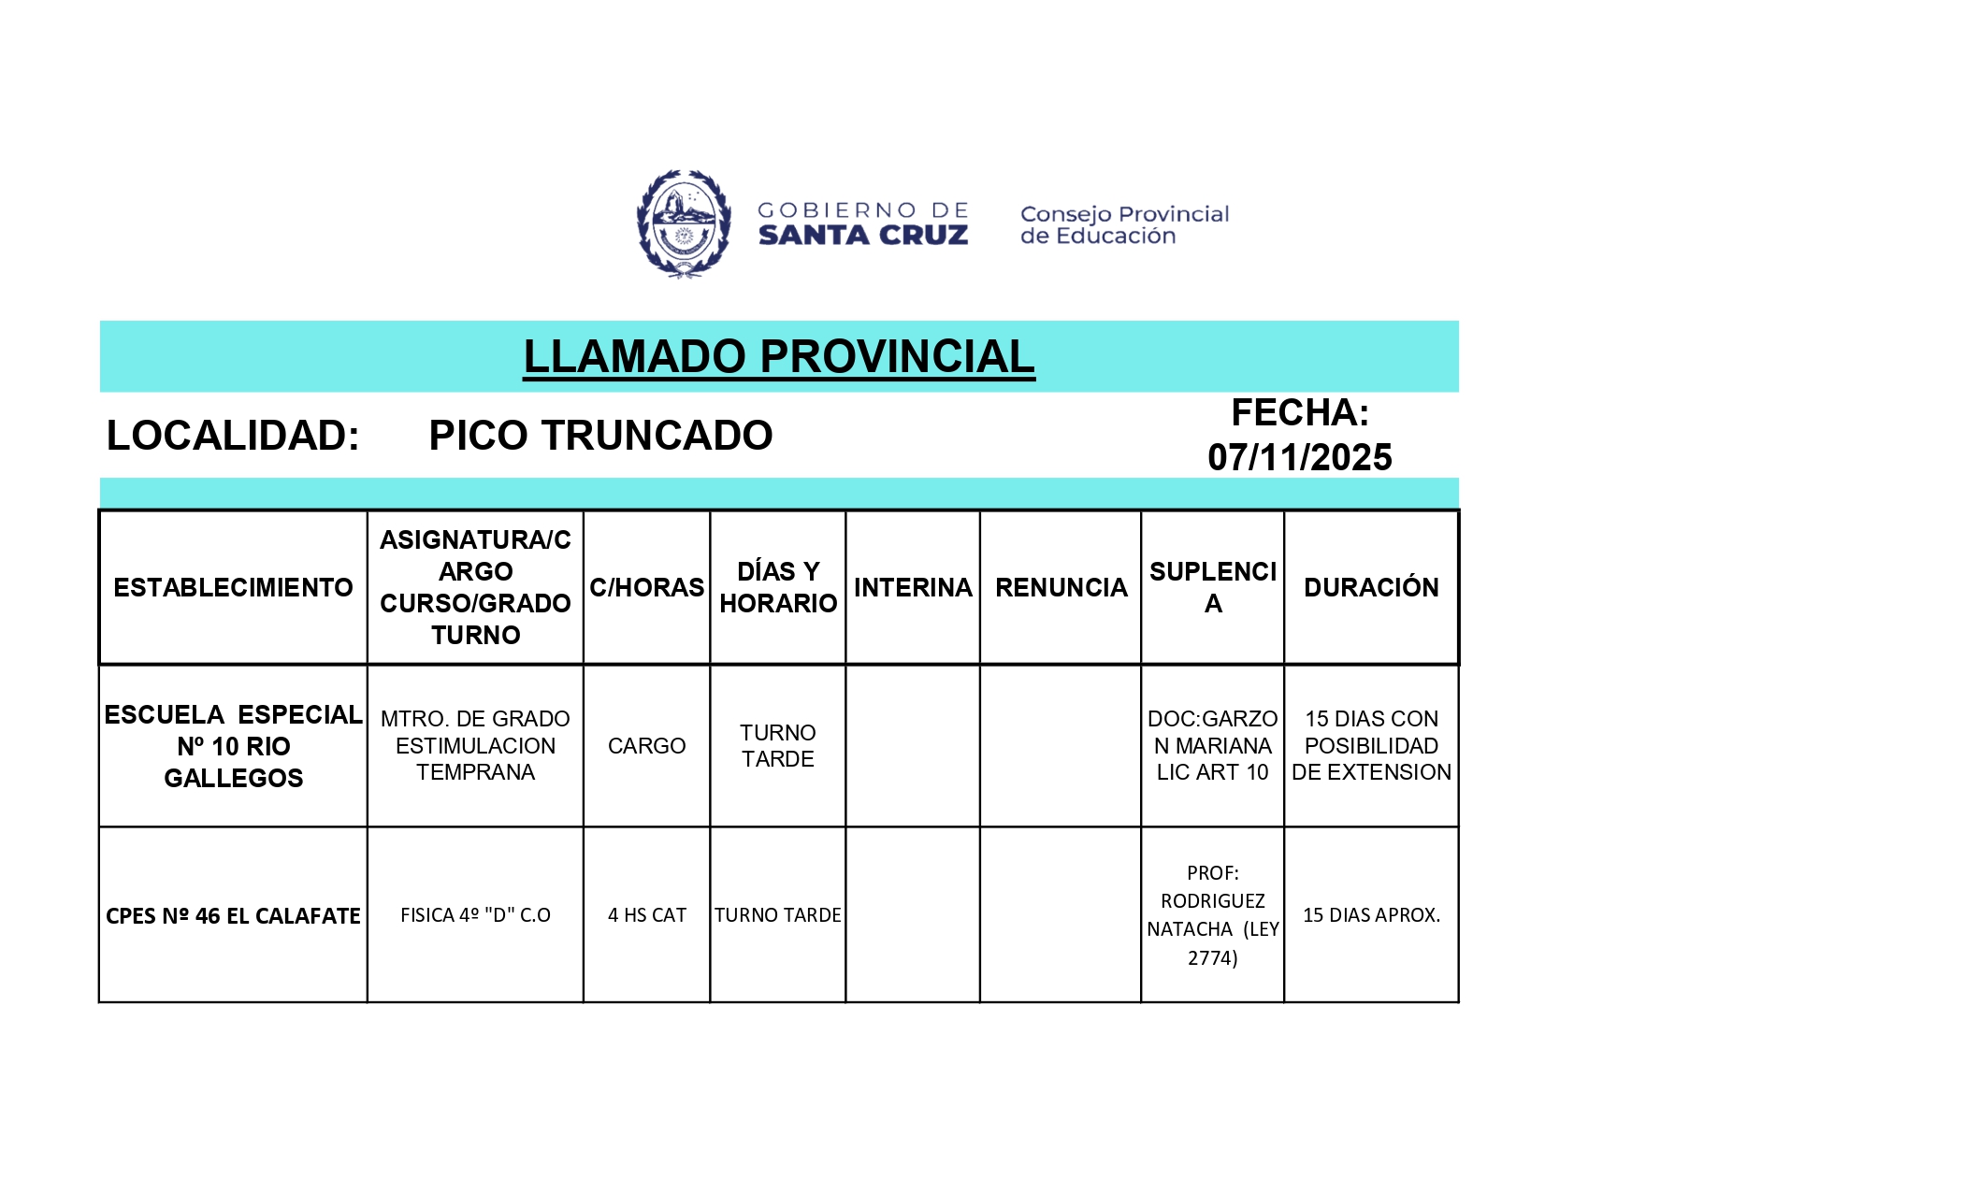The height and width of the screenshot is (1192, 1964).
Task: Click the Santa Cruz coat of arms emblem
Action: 684,224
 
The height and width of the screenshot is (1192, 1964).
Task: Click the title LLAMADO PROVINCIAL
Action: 778,356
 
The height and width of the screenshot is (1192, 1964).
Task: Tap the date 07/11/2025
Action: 1299,457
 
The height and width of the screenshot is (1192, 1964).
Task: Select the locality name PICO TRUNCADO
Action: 600,436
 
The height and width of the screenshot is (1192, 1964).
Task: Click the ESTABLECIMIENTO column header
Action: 233,587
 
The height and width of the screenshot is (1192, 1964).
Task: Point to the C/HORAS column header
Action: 646,587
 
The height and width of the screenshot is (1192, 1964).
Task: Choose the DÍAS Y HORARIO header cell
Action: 778,587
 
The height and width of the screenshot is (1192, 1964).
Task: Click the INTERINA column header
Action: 913,587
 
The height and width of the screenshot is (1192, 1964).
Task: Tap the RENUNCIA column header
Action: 1061,587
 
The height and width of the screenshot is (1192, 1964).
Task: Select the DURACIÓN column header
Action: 1371,587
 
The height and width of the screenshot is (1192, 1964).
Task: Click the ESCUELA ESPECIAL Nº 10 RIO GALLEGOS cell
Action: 233,746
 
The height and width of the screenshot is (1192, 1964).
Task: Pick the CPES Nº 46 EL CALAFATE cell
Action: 233,915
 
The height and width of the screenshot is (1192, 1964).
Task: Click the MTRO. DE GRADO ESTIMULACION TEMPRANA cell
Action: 475,745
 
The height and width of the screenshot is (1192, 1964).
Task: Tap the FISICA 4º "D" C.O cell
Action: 475,915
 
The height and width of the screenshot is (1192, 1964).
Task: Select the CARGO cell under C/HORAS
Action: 646,746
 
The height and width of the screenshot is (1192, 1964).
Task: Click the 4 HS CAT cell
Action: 646,915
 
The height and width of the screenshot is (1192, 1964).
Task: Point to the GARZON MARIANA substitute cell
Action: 1212,745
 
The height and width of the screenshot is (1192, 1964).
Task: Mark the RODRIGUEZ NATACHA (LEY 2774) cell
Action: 1212,915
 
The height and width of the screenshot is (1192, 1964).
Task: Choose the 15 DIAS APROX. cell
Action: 1371,915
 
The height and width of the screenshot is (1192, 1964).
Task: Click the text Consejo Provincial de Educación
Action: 1124,225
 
